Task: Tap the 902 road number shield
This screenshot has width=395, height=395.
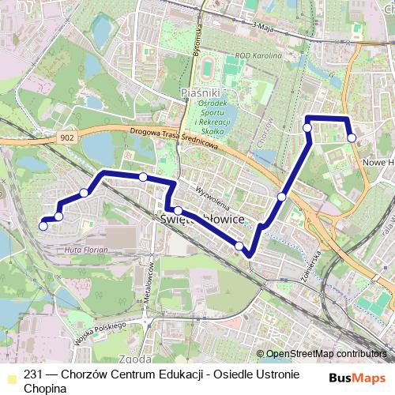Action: coord(69,137)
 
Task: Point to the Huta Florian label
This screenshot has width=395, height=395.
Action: coord(107,250)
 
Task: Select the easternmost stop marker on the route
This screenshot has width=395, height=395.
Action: coord(352,137)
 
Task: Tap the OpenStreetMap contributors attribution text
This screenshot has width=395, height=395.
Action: coord(326,353)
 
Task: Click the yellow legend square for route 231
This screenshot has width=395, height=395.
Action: coord(10,375)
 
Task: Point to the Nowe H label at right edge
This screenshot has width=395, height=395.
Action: coord(378,162)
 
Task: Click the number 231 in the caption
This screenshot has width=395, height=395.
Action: coord(32,375)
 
